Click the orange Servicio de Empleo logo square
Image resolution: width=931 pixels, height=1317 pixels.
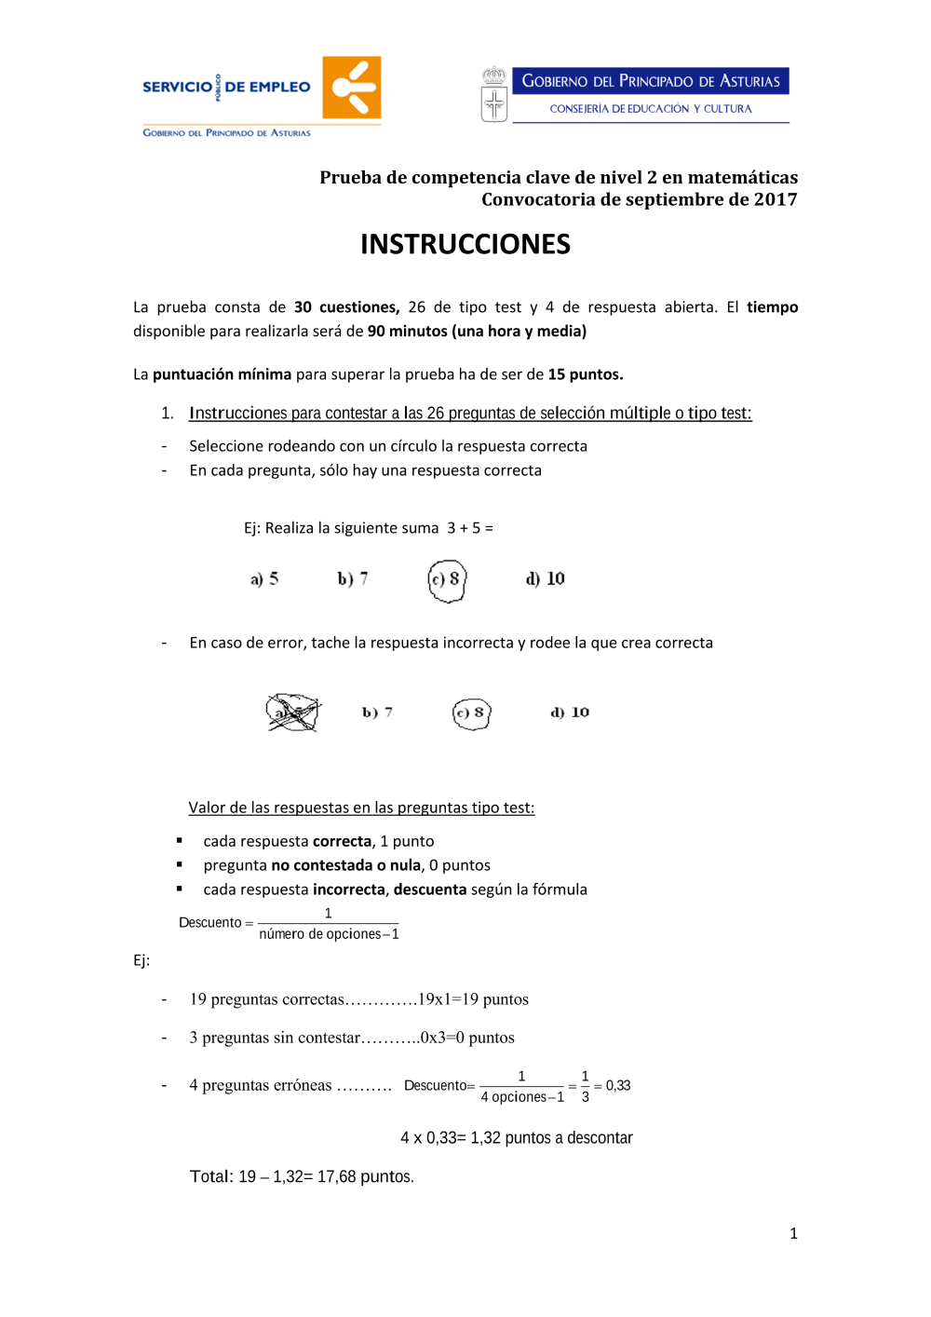pos(351,88)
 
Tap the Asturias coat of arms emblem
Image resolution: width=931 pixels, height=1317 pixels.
pos(494,95)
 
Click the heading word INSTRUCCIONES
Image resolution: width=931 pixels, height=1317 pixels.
pos(465,244)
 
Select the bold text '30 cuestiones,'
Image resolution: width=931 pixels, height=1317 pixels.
pos(346,307)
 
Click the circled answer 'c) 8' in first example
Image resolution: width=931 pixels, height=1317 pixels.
pos(447,579)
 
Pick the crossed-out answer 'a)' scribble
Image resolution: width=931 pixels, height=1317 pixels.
pos(292,713)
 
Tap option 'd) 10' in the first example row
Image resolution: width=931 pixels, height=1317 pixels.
pos(546,579)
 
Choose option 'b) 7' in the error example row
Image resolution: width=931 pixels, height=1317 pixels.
pos(377,713)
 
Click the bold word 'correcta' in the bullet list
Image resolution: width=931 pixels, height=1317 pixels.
pos(342,841)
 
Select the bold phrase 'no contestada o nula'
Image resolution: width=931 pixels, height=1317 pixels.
pos(345,865)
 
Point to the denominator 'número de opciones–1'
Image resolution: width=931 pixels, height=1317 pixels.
pos(329,934)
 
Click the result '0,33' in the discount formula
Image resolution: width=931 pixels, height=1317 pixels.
pos(618,1086)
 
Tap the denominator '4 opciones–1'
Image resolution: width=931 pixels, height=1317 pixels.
pos(522,1097)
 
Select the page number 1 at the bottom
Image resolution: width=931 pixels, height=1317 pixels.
pos(793,1234)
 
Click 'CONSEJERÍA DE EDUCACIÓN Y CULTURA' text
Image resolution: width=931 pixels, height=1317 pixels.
pos(650,109)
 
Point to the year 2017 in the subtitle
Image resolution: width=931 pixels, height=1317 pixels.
pos(775,199)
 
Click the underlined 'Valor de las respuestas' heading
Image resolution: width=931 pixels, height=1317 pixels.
pos(361,808)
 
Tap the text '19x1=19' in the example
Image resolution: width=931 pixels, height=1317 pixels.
pos(448,999)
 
